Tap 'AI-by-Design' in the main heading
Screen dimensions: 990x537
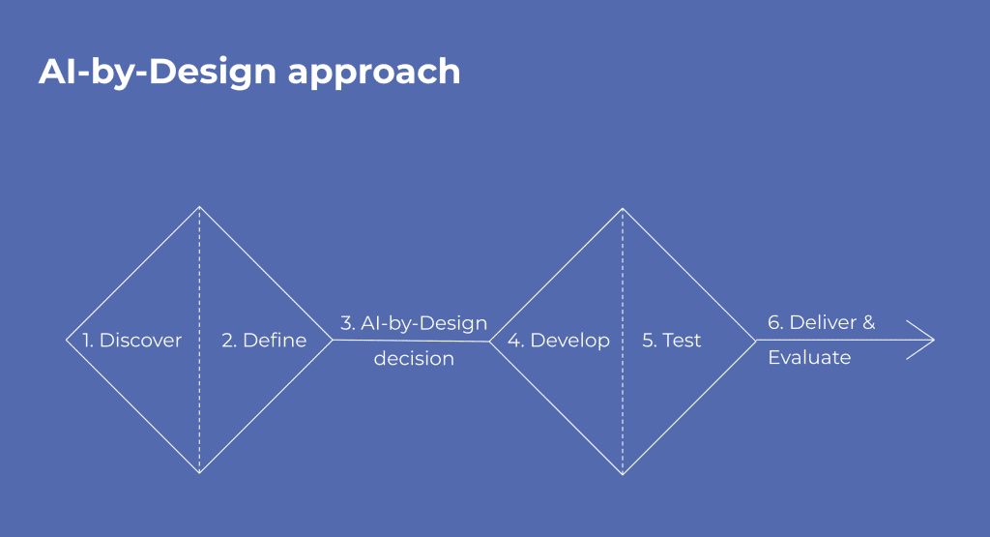tap(158, 72)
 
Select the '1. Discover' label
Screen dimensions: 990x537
tap(131, 340)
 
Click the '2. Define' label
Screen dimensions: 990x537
tap(264, 340)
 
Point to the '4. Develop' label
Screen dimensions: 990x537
tap(559, 341)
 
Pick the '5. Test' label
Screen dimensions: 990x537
tap(671, 340)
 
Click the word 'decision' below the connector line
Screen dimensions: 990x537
tap(414, 358)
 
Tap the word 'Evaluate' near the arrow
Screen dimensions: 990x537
tap(809, 358)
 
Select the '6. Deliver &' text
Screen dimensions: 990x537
tap(822, 322)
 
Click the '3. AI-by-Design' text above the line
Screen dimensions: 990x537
tap(414, 323)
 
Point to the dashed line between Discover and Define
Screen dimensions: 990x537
tap(199, 340)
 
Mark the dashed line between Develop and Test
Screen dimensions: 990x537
tap(623, 342)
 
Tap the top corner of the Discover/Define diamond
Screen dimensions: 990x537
tap(199, 207)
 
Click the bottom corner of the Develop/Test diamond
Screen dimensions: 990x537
tap(623, 475)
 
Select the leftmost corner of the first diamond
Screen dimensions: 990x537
tap(67, 340)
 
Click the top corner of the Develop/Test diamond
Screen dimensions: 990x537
tap(623, 208)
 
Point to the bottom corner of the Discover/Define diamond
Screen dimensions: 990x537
tap(199, 473)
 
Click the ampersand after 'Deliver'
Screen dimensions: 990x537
tap(869, 322)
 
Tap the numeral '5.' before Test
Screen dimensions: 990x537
tap(650, 341)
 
